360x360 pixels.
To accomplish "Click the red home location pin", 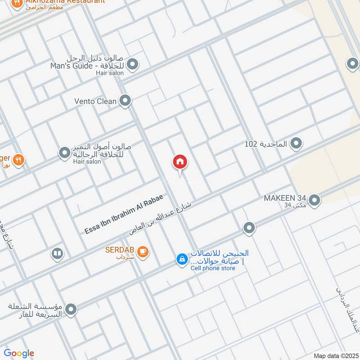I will (180, 162).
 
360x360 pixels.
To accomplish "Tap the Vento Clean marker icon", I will (125, 101).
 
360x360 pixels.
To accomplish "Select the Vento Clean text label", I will (95, 101).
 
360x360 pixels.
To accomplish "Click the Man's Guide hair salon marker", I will (132, 65).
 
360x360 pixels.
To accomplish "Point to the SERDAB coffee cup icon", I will (143, 252).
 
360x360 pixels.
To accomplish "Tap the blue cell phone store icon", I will (182, 260).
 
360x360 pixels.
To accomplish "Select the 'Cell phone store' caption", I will (213, 268).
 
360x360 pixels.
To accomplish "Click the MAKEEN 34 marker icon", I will (314, 200).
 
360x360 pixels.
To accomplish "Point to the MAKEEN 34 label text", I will (285, 198).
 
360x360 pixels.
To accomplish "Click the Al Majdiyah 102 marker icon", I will (296, 144).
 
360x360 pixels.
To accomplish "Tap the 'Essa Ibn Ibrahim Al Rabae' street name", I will (123, 214).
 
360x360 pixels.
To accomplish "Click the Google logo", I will (19, 353).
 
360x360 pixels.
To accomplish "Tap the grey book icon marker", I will (57, 254).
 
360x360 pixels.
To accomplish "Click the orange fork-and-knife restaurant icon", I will (18, 159).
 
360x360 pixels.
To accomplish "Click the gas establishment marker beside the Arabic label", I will (70, 310).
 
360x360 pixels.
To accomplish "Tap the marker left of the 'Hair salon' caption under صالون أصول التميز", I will (65, 153).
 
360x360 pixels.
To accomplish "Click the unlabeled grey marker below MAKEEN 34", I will (249, 228).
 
